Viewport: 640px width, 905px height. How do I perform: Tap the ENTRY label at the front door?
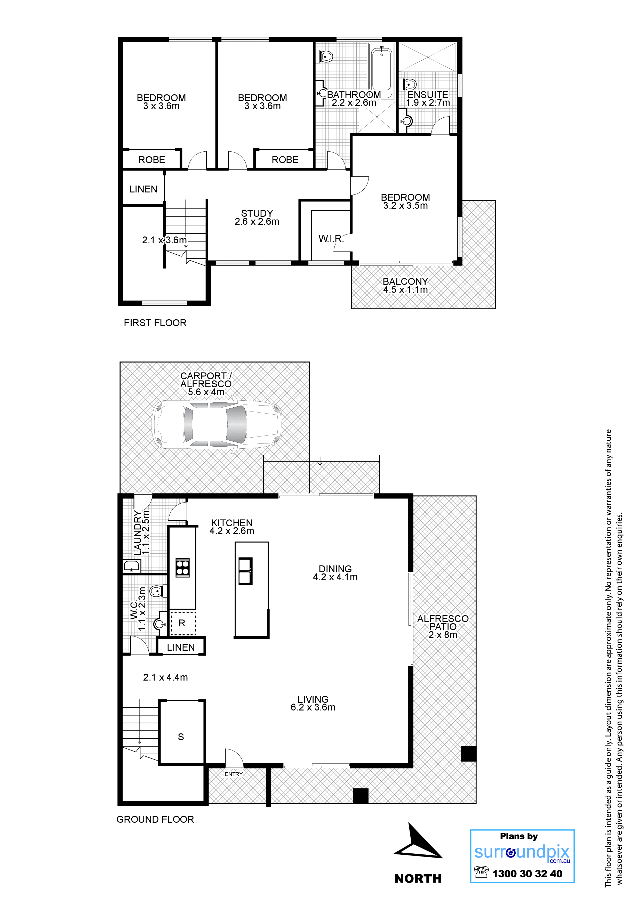(x=234, y=774)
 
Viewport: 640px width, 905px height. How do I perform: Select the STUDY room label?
(x=257, y=213)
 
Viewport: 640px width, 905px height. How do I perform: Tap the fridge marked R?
(x=182, y=623)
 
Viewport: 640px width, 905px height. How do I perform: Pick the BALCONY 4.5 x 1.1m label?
(x=405, y=285)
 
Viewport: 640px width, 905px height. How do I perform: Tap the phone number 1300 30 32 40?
(x=527, y=874)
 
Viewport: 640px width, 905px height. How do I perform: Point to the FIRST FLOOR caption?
(x=155, y=323)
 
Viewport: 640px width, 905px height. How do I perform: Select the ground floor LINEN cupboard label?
(x=181, y=647)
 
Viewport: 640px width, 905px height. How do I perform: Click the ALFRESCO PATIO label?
(x=443, y=627)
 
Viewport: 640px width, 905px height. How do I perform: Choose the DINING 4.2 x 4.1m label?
(x=335, y=573)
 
